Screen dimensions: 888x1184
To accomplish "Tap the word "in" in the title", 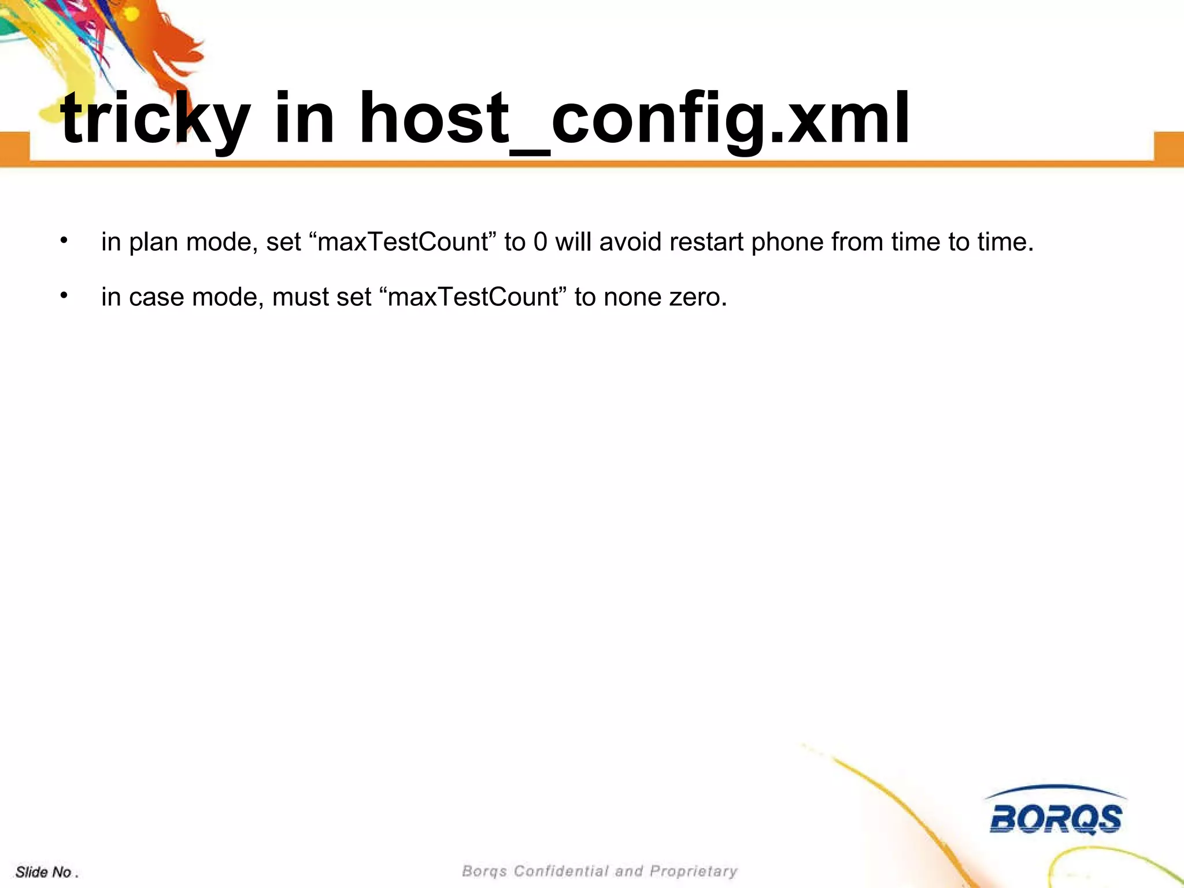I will click(x=304, y=119).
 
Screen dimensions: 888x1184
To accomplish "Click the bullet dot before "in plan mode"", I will click(x=64, y=240).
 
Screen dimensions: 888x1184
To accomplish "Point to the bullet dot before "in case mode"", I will click(x=64, y=295).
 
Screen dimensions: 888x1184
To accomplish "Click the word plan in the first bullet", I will click(x=153, y=242).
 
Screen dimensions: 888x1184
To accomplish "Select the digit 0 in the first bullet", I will click(x=540, y=242).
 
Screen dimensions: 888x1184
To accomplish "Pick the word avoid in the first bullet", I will click(x=631, y=242).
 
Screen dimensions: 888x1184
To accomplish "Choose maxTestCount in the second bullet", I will click(x=473, y=297).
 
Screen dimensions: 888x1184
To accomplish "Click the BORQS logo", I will click(x=1056, y=812).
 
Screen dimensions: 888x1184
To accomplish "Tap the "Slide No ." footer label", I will click(x=46, y=872).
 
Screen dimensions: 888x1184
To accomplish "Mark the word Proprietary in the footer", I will click(x=694, y=871).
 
